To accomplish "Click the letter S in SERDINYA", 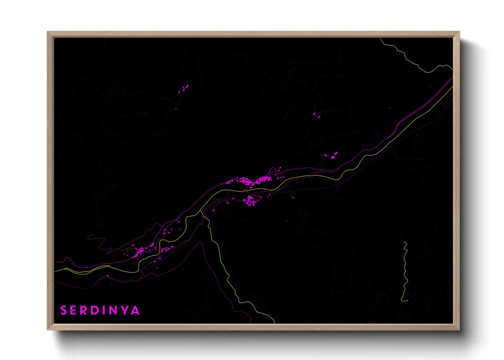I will (64, 310).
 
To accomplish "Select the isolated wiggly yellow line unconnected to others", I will (406, 272).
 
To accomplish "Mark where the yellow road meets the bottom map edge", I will (274, 323).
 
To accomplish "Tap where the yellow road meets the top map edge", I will (381, 38).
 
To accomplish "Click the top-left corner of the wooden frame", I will (48, 32).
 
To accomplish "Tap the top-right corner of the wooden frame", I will (459, 32).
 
